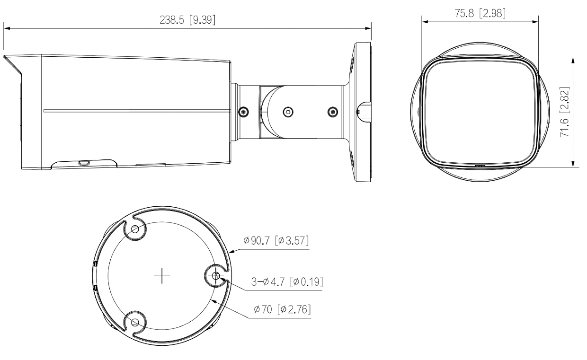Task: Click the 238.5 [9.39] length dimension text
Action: tap(187, 20)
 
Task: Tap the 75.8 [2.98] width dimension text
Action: tap(480, 13)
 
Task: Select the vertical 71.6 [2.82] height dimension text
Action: tap(564, 112)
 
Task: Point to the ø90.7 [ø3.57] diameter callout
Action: tap(276, 240)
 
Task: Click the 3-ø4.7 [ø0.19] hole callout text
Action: tap(287, 282)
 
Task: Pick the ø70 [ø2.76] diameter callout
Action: tap(282, 309)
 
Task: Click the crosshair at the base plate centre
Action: tap(162, 276)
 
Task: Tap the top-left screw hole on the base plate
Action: tap(135, 229)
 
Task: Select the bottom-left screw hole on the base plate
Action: tap(135, 322)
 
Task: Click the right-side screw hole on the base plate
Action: tap(216, 275)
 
